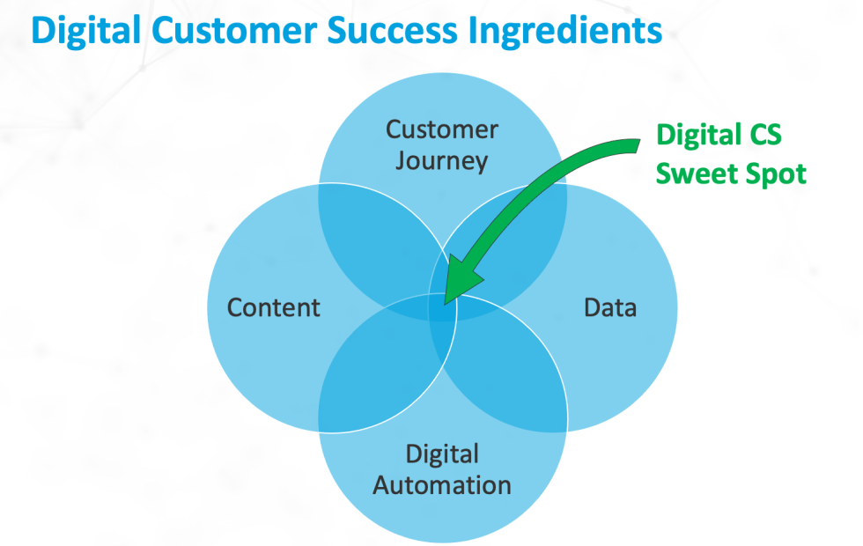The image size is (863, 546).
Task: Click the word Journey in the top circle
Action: (x=441, y=161)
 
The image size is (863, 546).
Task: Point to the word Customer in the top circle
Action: (x=442, y=130)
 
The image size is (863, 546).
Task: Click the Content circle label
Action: (x=273, y=307)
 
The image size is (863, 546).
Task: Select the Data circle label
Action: (x=610, y=307)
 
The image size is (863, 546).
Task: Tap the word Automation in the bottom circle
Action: (x=442, y=484)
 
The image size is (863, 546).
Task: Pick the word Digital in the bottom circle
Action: (x=442, y=454)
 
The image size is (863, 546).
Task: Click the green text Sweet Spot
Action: (x=731, y=173)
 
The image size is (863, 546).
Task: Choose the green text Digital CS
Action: (x=719, y=136)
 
